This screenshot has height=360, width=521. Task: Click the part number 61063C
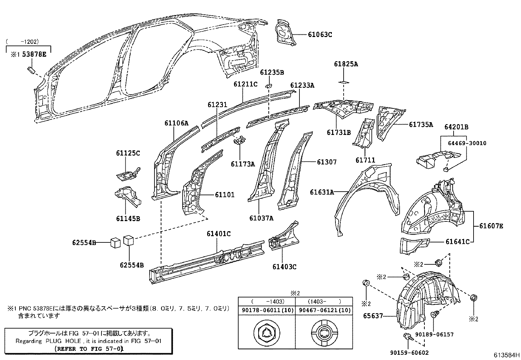click(x=320, y=34)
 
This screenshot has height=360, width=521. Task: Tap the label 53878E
click(x=34, y=54)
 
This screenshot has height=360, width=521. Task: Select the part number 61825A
click(x=346, y=64)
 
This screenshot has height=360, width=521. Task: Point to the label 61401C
click(x=218, y=234)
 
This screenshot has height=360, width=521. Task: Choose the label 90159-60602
click(x=409, y=353)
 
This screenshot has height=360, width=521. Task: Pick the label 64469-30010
click(x=467, y=143)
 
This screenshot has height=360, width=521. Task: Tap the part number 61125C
click(x=128, y=153)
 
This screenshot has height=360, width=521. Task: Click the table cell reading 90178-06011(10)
click(x=267, y=310)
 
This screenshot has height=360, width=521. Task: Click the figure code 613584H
click(x=507, y=355)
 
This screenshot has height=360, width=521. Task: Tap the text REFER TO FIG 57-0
click(x=89, y=349)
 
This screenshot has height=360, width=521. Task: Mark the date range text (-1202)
click(x=23, y=42)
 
